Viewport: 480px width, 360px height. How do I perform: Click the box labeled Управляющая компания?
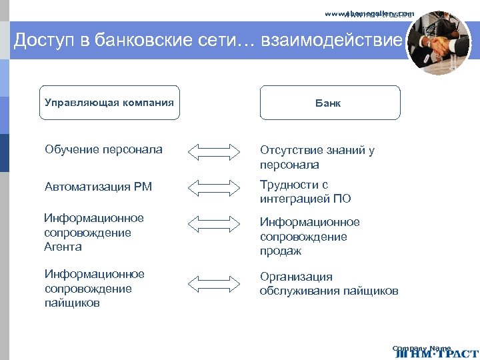[x=109, y=103]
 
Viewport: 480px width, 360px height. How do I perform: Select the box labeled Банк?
[x=330, y=103]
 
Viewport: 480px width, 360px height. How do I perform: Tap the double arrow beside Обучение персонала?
[x=213, y=151]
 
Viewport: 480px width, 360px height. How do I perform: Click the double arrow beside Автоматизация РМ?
[x=213, y=187]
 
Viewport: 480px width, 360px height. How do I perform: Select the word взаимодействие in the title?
[x=332, y=41]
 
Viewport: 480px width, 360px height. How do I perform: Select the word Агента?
[x=63, y=247]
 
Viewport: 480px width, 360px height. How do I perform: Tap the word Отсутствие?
[x=291, y=150]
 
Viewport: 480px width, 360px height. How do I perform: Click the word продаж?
[x=281, y=251]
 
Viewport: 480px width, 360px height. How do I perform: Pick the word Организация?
[x=296, y=277]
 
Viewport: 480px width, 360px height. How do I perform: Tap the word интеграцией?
[x=295, y=199]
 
